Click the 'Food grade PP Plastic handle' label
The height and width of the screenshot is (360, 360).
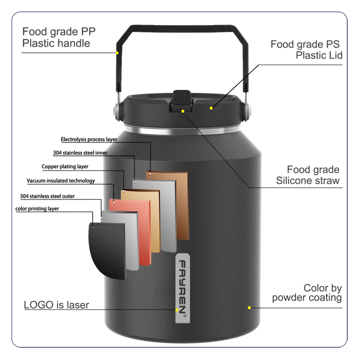59,37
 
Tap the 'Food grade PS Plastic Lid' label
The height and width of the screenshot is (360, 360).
306,49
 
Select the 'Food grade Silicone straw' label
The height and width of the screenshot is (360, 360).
308,175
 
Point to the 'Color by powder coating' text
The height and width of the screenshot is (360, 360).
307,293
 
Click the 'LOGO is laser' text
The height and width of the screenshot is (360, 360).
57,305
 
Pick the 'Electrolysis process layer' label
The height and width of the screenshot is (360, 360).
89,139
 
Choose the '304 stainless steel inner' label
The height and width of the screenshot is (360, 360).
80,153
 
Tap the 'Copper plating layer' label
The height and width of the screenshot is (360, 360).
65,166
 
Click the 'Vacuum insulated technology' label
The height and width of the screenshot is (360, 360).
61,181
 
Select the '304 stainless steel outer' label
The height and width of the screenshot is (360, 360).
47,196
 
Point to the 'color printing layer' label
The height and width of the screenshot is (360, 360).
37,209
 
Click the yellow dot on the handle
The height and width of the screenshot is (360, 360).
117,53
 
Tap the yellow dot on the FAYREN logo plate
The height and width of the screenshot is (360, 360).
177,310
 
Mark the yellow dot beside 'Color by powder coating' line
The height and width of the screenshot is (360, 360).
249,308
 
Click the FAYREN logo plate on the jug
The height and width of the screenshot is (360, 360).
183,288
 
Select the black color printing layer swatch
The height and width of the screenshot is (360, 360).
107,250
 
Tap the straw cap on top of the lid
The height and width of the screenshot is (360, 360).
181,101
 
